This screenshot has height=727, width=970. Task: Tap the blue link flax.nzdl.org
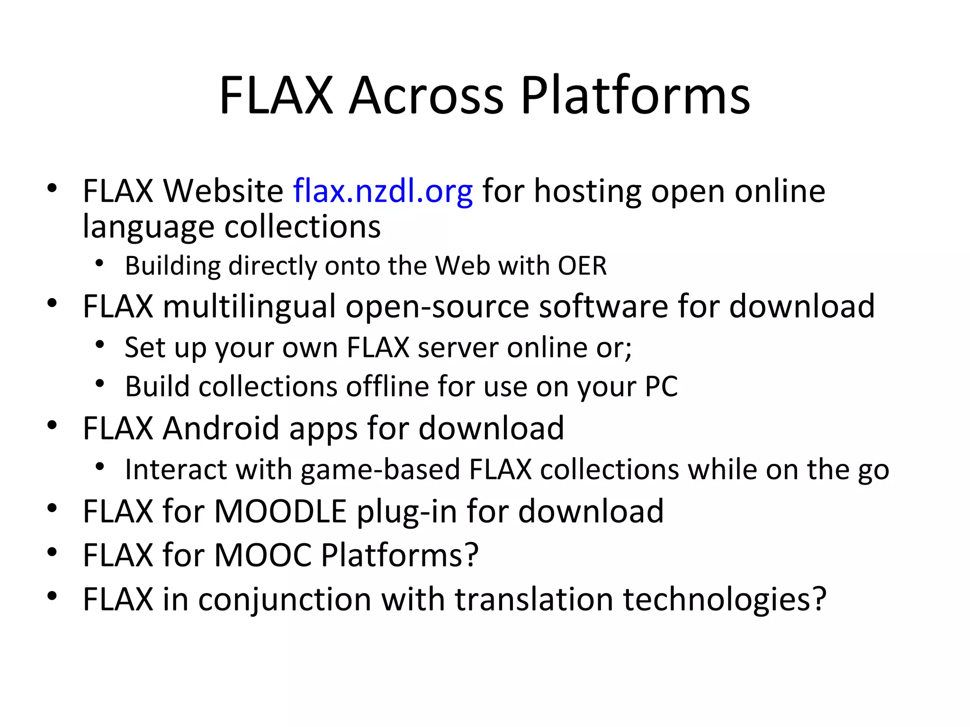coord(383,191)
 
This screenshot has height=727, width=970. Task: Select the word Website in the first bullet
coord(223,191)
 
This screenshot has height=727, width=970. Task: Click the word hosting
coord(588,191)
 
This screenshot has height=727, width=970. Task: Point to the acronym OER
coord(582,266)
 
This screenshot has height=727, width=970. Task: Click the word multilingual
coord(249,306)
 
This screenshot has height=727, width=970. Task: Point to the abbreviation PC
coord(661,387)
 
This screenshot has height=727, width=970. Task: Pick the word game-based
coord(380,470)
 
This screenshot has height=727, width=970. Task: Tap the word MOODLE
coord(280,512)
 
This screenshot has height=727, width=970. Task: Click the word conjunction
coord(285,599)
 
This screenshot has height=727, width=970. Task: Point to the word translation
coord(534,599)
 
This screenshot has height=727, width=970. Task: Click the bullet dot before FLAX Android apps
coord(52,426)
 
